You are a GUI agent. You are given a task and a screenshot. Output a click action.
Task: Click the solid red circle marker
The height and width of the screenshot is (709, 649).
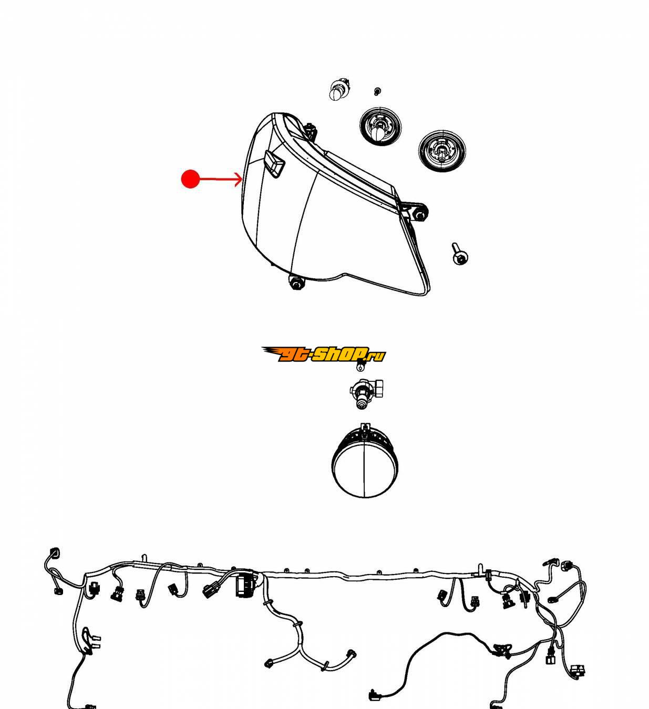point(190,179)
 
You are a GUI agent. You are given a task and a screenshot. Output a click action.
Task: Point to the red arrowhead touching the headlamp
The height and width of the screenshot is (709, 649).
point(239,179)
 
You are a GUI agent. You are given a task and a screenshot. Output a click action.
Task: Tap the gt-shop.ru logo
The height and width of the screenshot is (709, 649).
point(323,354)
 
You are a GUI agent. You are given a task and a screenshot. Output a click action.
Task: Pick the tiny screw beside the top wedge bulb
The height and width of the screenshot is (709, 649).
point(377,91)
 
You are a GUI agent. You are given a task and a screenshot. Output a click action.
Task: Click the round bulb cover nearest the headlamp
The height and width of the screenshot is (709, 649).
point(380,126)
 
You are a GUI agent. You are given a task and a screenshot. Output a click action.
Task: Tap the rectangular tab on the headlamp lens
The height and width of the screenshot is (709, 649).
point(274,163)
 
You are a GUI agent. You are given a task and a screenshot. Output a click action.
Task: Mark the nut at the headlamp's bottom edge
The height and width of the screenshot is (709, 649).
point(296,283)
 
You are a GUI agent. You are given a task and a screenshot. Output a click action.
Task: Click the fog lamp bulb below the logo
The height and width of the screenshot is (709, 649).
point(366,393)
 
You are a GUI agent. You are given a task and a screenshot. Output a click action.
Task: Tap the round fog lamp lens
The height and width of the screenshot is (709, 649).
point(365,465)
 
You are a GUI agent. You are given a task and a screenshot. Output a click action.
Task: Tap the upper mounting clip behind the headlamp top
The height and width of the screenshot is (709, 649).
point(310,131)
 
